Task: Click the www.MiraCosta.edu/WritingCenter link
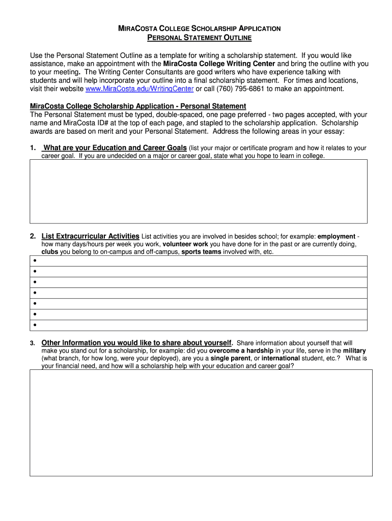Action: point(139,89)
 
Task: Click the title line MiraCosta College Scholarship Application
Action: point(200,29)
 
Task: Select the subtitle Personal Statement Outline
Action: point(200,38)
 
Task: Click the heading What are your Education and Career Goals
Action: point(116,148)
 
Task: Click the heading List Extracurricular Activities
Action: point(91,236)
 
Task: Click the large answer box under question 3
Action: point(201,422)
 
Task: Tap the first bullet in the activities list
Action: point(35,260)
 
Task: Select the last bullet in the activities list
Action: point(35,325)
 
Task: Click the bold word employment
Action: point(337,237)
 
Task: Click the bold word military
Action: point(354,351)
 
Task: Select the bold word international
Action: point(280,358)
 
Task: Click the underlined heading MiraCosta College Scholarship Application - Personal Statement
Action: point(138,106)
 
